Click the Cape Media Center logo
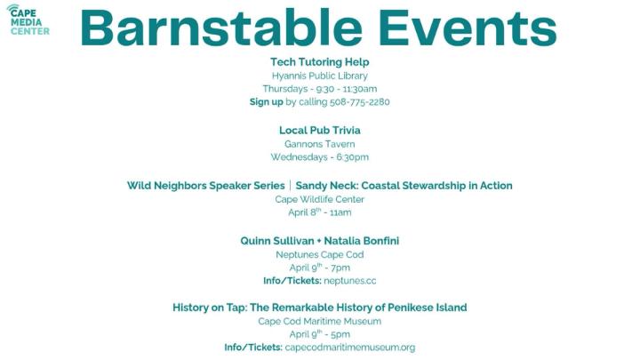click(x=29, y=20)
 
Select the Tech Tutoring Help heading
click(x=319, y=62)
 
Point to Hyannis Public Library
click(x=319, y=76)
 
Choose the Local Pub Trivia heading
click(x=319, y=130)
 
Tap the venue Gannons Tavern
click(x=319, y=144)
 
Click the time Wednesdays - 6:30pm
click(x=319, y=157)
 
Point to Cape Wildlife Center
click(x=319, y=199)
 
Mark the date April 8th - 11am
click(x=319, y=212)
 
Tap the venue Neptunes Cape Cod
click(x=319, y=254)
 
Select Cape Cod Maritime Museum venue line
click(x=319, y=321)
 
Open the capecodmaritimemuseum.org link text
click(x=349, y=348)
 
